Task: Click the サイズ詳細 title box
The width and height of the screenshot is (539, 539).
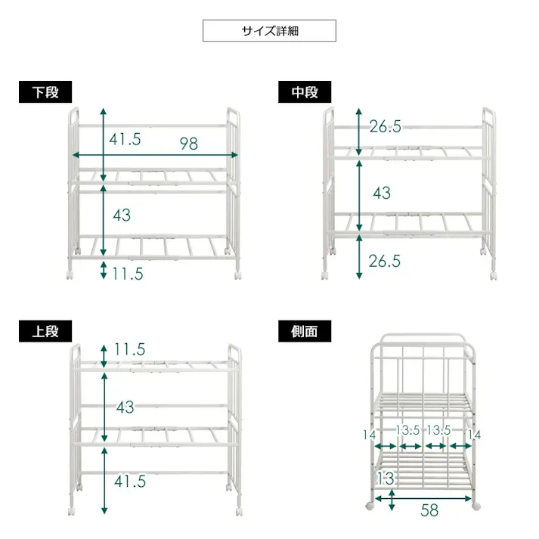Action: tap(269, 30)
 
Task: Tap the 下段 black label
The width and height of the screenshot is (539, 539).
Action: tap(45, 91)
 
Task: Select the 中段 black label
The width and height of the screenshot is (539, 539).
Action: tap(305, 91)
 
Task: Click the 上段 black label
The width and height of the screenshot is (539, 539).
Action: tap(45, 331)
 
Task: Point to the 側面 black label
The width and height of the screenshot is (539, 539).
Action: tap(305, 331)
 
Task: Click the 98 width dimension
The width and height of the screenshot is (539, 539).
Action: tap(189, 144)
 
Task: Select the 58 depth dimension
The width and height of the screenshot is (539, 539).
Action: tap(429, 510)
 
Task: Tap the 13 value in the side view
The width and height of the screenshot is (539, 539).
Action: tap(386, 479)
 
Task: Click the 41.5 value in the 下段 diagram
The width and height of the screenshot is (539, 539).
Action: tap(125, 139)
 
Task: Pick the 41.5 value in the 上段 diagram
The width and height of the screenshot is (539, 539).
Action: tap(130, 482)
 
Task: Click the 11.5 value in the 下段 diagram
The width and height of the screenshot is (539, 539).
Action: tap(128, 274)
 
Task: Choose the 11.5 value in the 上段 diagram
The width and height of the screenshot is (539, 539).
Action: tap(129, 349)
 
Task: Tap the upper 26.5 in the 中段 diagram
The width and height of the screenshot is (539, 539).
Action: tap(385, 126)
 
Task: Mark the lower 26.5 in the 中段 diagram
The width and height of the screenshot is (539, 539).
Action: tap(385, 262)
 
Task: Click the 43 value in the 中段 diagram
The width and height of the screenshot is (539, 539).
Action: tap(382, 194)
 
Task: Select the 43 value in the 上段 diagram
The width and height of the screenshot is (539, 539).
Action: tap(125, 407)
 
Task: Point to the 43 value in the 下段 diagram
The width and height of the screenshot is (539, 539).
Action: tap(122, 215)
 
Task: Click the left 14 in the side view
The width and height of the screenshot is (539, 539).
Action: tap(370, 435)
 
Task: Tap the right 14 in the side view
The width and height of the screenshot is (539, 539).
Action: tap(475, 435)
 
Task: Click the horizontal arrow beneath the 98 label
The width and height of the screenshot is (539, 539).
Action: tap(156, 155)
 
